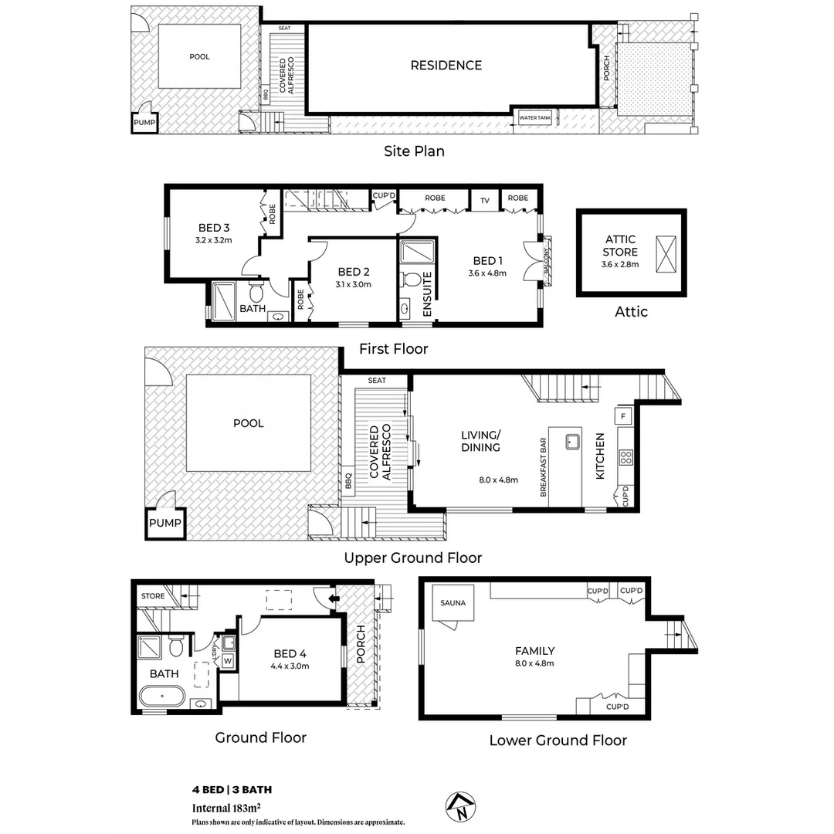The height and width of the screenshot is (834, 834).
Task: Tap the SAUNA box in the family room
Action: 453,603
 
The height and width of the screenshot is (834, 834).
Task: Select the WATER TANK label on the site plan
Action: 534,118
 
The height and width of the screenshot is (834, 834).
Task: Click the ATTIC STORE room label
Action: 620,246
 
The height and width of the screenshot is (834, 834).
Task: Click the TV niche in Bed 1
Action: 485,200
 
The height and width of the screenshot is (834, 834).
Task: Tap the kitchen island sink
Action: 572,442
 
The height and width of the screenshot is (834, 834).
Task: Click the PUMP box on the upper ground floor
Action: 165,523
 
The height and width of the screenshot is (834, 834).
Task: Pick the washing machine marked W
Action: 228,660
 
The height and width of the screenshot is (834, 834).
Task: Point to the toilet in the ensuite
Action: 412,279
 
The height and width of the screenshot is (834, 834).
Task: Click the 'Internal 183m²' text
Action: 225,809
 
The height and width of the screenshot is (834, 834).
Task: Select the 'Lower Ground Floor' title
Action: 558,741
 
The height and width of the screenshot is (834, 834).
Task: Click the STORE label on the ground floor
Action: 153,596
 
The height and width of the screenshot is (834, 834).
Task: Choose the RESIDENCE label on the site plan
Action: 446,66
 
